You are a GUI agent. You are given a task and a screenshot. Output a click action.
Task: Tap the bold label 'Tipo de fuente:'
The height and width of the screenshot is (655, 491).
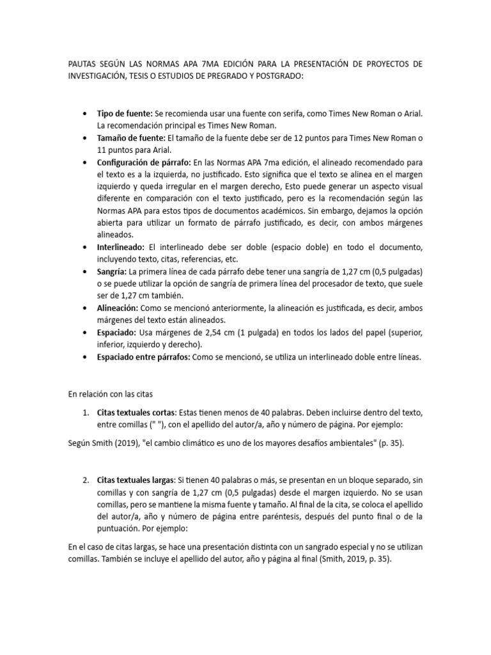click(x=125, y=113)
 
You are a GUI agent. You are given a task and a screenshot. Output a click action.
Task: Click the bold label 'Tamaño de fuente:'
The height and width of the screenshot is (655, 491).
click(x=131, y=138)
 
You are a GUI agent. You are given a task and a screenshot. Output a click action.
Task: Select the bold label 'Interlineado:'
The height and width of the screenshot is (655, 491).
click(x=121, y=247)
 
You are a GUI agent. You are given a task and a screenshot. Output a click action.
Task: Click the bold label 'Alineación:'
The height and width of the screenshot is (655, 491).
click(x=118, y=308)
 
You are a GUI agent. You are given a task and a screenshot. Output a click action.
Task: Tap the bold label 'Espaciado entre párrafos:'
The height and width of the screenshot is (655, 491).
click(x=143, y=358)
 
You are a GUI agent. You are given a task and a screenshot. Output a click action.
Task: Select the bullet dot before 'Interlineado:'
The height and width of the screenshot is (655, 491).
click(x=86, y=247)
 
